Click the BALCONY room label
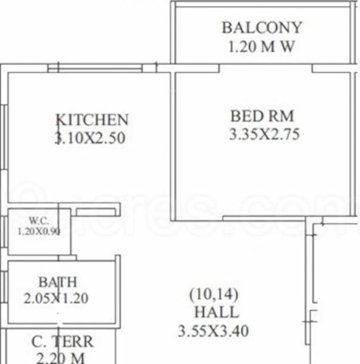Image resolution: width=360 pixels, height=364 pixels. point(262,28)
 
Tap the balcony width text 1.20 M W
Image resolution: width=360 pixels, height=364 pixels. point(262,47)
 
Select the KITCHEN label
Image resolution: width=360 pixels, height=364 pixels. point(92,120)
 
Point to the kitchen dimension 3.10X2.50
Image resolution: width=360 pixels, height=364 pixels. point(90,138)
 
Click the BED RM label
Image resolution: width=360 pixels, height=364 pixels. point(262,115)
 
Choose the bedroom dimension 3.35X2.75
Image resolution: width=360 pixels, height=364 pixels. point(264,135)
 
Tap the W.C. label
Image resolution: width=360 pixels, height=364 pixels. point(40,220)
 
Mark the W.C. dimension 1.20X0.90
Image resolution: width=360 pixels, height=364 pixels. point(39,231)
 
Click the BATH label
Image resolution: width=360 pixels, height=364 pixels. point(58,282)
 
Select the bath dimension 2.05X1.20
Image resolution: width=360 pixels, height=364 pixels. point(58,298)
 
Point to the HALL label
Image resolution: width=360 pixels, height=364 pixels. point(216,313)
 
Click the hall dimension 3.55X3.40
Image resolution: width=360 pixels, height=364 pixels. point(214,332)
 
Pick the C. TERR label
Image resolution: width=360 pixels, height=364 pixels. point(63,342)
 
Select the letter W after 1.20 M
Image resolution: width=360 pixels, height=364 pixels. point(287,47)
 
